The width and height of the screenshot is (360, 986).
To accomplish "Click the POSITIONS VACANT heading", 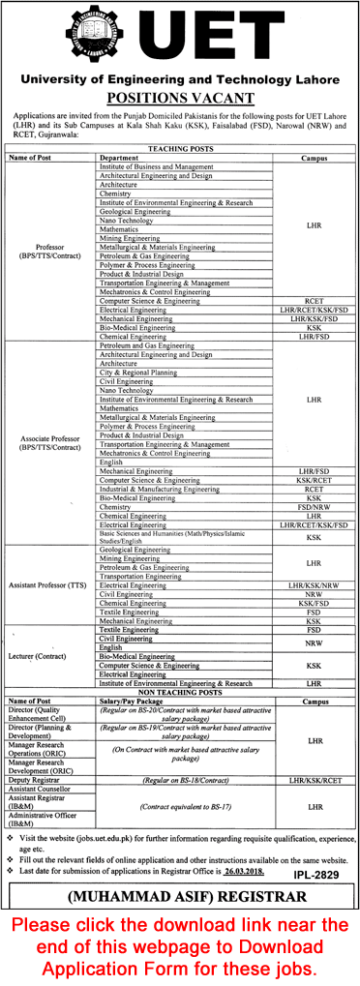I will (179, 98).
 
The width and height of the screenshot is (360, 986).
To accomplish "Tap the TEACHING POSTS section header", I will (179, 148).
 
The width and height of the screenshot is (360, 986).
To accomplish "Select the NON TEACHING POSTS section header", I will (179, 693).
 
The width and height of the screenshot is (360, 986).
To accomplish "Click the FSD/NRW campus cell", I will (314, 506).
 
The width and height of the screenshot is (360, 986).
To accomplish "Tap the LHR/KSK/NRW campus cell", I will (314, 585).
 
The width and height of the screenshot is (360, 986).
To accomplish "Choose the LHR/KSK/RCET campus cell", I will (314, 778).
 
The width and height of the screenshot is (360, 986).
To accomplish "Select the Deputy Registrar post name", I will (32, 778).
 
